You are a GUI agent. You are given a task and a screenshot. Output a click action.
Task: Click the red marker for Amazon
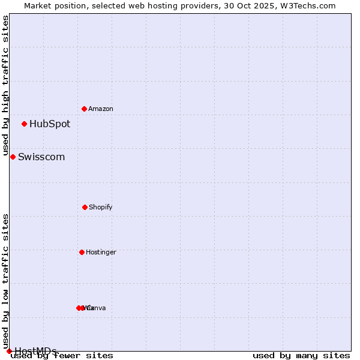84,109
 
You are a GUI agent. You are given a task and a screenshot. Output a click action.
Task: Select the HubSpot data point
24,124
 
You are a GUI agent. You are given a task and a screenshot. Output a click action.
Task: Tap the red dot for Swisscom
13,157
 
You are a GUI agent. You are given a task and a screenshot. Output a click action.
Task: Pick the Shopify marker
85,207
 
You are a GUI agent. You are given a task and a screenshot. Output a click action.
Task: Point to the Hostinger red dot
82,252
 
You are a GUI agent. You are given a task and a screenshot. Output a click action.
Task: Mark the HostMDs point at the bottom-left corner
9,351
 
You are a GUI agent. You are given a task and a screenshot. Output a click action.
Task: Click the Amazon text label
101,109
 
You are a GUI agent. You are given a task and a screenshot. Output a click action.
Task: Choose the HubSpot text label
50,124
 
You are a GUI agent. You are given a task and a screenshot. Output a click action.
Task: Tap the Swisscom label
41,157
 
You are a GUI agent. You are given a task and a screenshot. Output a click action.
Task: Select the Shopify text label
101,207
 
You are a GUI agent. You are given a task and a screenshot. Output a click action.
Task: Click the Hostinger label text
101,252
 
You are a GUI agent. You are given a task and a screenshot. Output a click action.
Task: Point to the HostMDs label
35,351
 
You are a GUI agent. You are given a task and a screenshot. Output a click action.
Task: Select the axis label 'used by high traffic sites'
6,86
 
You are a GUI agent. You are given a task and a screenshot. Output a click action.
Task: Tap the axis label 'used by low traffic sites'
6,281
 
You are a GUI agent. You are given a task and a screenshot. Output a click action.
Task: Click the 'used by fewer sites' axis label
62,356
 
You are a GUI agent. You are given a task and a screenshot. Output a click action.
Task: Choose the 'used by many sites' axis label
301,356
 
